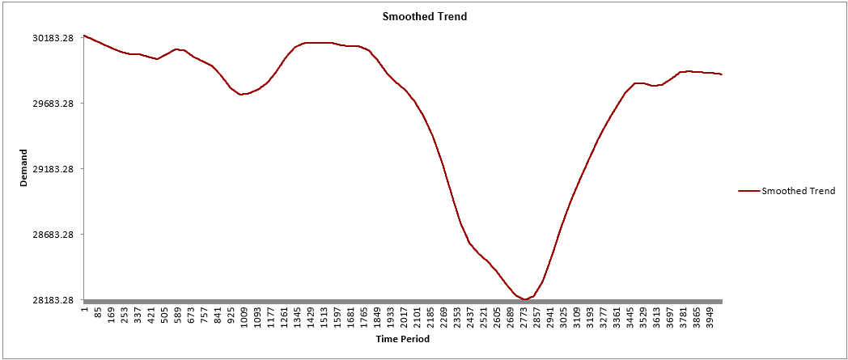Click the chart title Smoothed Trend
[424, 16]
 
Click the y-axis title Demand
[23, 168]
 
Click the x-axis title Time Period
[402, 340]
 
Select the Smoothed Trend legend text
[798, 191]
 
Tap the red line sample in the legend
[748, 191]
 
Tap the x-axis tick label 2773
[524, 316]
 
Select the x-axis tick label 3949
[710, 316]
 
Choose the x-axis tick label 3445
[631, 316]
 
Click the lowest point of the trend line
[525, 299]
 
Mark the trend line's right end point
[721, 74]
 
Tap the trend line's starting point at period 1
[84, 36]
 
